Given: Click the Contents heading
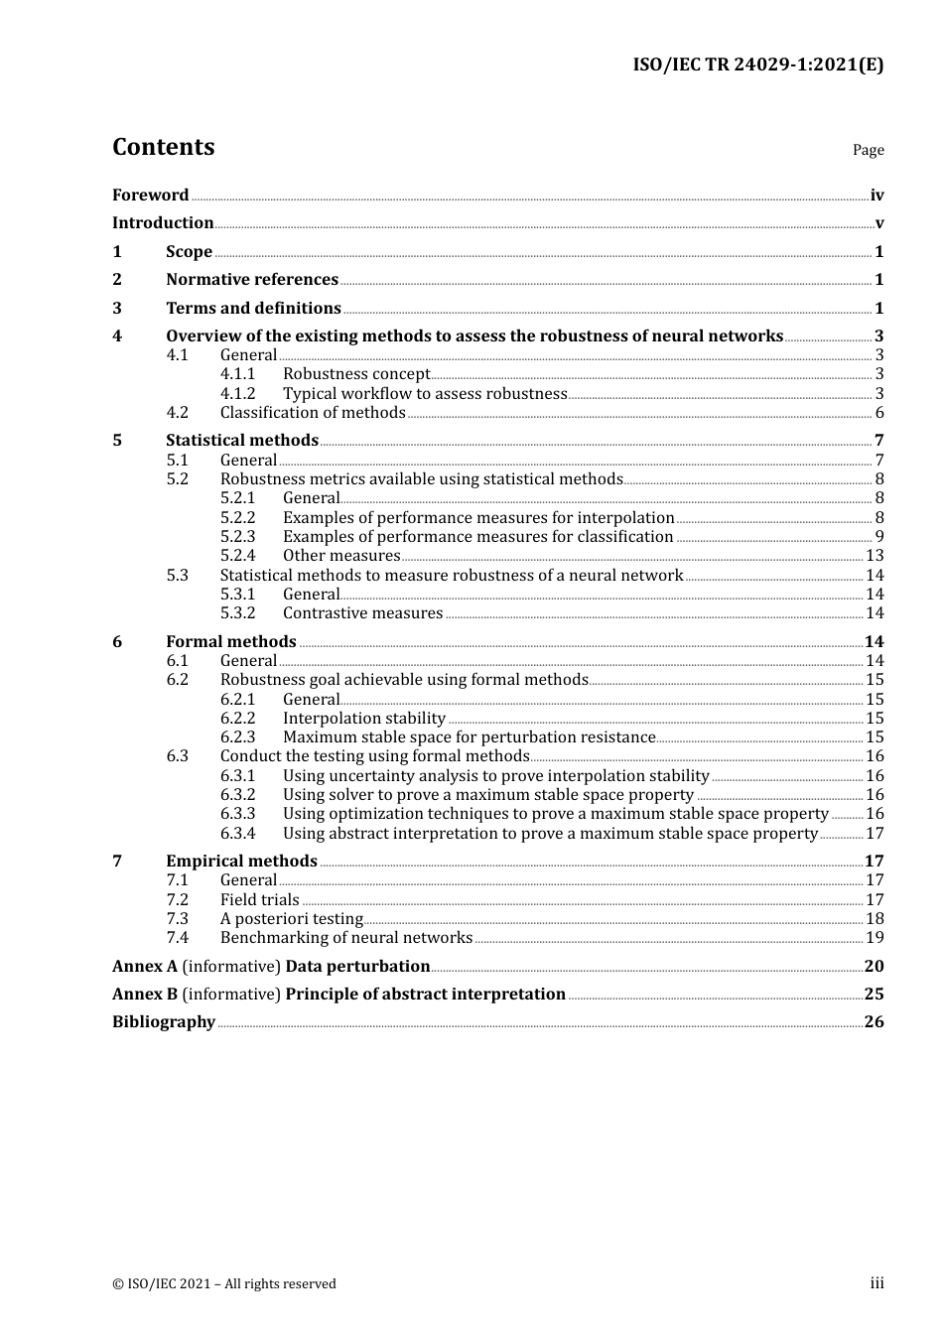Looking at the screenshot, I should pyautogui.click(x=163, y=147).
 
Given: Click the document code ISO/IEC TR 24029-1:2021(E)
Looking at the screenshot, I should pyautogui.click(x=757, y=66).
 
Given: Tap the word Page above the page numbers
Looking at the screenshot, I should pyautogui.click(x=868, y=150).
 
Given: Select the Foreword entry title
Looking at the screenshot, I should pyautogui.click(x=150, y=196).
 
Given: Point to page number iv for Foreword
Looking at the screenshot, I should pyautogui.click(x=876, y=196).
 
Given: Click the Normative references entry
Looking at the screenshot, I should pyautogui.click(x=252, y=280).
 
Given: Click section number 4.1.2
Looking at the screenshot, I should pyautogui.click(x=237, y=394).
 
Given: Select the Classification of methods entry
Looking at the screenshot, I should pyautogui.click(x=313, y=413).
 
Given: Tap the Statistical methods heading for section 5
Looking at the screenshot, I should pyautogui.click(x=242, y=441).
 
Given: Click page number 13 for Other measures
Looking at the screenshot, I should pyautogui.click(x=875, y=556).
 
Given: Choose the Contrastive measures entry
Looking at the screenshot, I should pyautogui.click(x=362, y=613).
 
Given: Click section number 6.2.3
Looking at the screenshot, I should pyautogui.click(x=237, y=737).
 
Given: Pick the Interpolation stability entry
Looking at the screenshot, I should pyautogui.click(x=364, y=719).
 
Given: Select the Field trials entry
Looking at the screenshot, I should pyautogui.click(x=259, y=900).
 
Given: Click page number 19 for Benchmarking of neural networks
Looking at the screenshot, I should pyautogui.click(x=875, y=938).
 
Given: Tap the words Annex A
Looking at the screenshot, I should pyautogui.click(x=137, y=967).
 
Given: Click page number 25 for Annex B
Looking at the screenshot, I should pyautogui.click(x=874, y=995).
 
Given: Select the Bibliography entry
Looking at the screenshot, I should pyautogui.click(x=164, y=1022).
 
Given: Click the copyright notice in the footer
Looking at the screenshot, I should pyautogui.click(x=224, y=1284).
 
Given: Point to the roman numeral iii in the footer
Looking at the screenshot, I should pyautogui.click(x=876, y=1283).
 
